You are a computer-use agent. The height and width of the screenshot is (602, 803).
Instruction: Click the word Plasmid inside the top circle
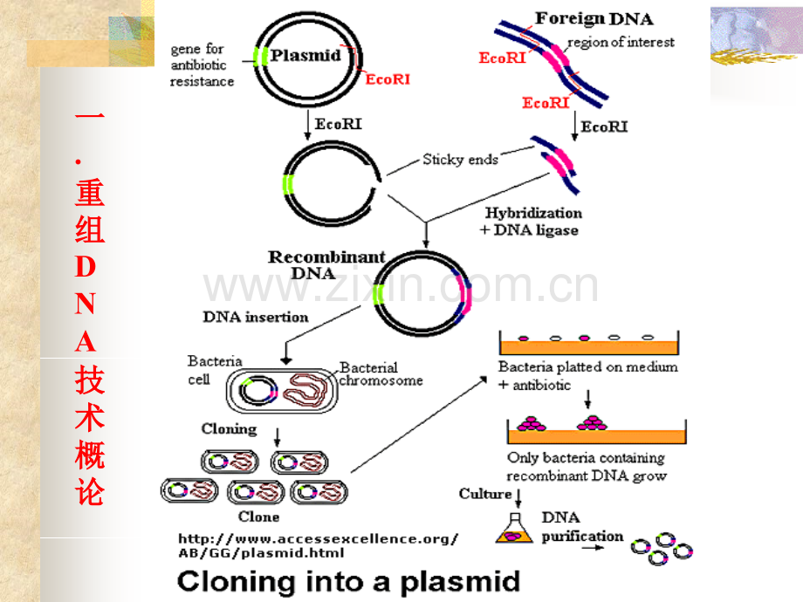[305, 55]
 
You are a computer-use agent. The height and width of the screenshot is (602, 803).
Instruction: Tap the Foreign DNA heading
[594, 19]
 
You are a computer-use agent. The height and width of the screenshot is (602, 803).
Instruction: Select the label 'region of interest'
[621, 43]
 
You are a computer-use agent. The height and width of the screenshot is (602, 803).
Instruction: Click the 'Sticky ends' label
[460, 160]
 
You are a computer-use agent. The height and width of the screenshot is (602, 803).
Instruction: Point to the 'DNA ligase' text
[536, 230]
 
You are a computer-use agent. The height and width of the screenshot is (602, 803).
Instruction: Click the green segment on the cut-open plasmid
[288, 185]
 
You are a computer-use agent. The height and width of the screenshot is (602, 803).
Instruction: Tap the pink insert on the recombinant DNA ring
[465, 293]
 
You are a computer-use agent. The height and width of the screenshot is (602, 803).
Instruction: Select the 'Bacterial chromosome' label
[381, 374]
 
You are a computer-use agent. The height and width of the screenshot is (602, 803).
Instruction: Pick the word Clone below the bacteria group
[258, 516]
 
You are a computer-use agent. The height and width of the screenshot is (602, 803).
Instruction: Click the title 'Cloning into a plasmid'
[349, 582]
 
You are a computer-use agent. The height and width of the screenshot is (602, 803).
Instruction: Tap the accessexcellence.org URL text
[318, 545]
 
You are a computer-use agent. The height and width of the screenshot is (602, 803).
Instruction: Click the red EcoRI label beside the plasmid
[388, 79]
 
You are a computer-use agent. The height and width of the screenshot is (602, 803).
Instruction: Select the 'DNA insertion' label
[256, 318]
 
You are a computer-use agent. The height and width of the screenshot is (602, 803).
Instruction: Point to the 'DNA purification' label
[583, 527]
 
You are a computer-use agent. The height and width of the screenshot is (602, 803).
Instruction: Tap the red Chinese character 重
[90, 192]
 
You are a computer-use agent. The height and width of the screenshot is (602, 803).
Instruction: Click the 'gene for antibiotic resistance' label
[202, 65]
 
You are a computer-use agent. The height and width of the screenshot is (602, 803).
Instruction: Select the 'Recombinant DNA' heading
[326, 264]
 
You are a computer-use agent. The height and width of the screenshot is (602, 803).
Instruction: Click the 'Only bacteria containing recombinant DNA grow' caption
[587, 467]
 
